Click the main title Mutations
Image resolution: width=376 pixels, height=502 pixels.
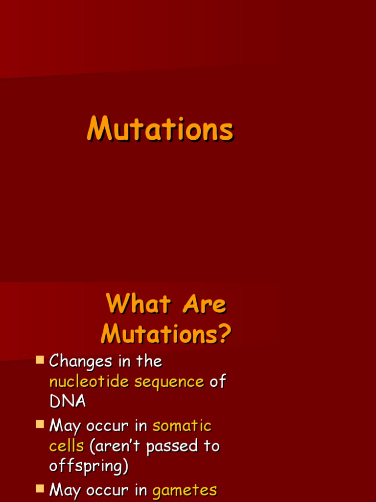(160, 130)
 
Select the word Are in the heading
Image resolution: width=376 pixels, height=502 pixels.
(204, 304)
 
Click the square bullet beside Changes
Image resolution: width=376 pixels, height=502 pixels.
(40, 361)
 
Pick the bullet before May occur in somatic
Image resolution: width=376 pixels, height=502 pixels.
(40, 425)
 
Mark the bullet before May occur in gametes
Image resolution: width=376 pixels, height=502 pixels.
(40, 488)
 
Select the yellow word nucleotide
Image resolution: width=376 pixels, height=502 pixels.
(90, 381)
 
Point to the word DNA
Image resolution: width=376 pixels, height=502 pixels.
(68, 402)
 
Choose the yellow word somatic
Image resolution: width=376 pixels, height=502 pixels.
(182, 426)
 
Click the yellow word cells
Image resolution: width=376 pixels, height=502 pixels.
(67, 446)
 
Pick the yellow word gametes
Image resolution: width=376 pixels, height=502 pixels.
(185, 490)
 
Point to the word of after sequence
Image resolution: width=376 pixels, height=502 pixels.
(217, 381)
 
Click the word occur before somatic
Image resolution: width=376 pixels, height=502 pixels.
(107, 426)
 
